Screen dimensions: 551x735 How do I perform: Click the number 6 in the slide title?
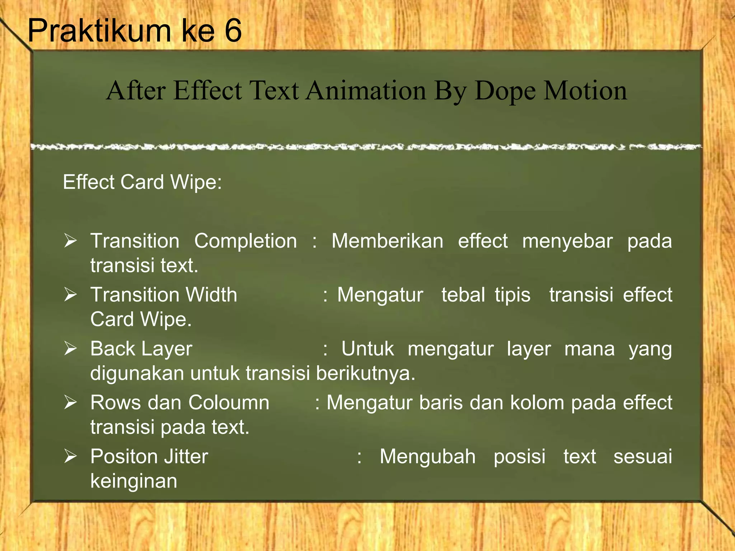233,31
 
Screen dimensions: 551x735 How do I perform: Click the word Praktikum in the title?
99,31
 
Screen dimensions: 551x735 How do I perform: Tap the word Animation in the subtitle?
366,90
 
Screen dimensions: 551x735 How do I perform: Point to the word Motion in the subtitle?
585,90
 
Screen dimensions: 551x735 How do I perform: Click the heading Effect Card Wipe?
142,182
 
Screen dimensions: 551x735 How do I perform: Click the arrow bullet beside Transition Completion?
70,241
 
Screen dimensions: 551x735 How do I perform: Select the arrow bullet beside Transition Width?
70,295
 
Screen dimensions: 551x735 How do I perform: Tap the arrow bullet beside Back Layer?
70,349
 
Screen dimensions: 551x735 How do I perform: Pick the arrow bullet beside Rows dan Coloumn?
70,402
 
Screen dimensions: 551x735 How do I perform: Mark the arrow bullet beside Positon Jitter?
70,456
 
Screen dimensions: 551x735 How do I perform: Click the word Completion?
245,241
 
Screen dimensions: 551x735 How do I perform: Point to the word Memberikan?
387,241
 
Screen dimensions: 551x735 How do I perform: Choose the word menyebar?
567,241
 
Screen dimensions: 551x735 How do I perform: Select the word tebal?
463,295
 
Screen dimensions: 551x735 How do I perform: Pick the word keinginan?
134,481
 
